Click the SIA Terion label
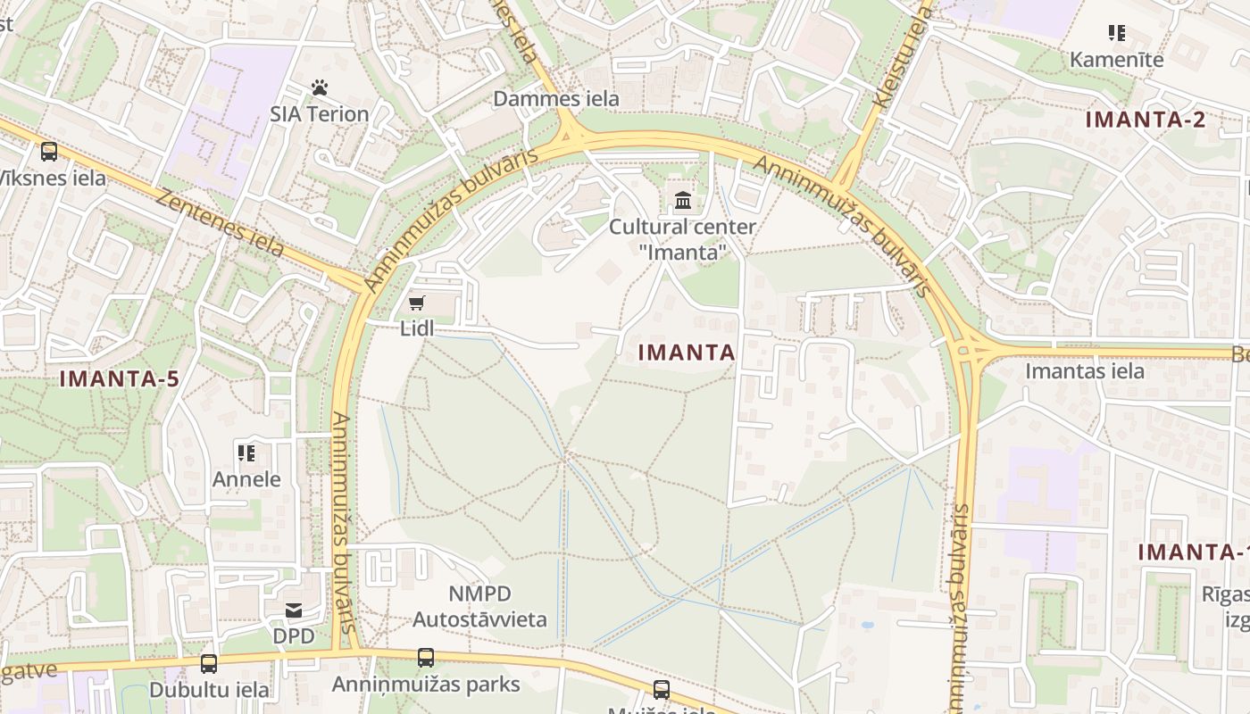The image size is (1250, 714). point(320,114)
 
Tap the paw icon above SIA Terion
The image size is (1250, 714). point(320,87)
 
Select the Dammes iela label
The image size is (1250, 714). point(556,99)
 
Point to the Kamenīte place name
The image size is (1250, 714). point(1117,60)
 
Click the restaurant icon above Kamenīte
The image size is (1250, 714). point(1117,33)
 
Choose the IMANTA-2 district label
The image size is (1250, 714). point(1146,120)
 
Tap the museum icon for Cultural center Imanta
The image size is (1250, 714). point(683,200)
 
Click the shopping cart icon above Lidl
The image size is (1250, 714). point(417,303)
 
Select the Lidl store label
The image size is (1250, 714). point(417,328)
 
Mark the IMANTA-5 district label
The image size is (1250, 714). point(120,378)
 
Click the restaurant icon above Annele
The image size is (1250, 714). point(246,453)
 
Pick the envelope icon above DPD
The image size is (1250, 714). point(294,610)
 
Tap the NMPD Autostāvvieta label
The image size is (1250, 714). point(479,606)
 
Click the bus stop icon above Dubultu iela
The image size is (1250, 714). point(209,664)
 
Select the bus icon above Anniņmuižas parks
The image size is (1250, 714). point(426,659)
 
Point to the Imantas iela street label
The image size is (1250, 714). point(1085,370)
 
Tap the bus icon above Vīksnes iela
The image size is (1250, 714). point(49,152)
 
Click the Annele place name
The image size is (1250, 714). point(246,479)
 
